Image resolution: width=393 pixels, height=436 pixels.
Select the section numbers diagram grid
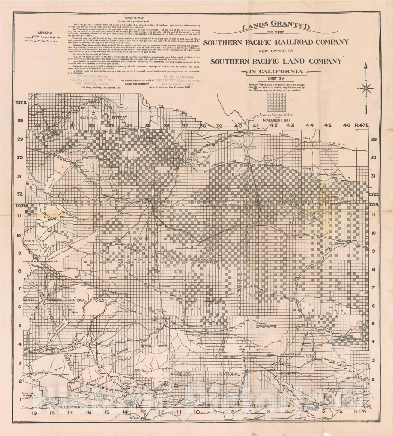coord(276,102)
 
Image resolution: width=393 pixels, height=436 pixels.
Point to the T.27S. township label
coord(20,102)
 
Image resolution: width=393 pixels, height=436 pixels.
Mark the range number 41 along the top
coord(256,126)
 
